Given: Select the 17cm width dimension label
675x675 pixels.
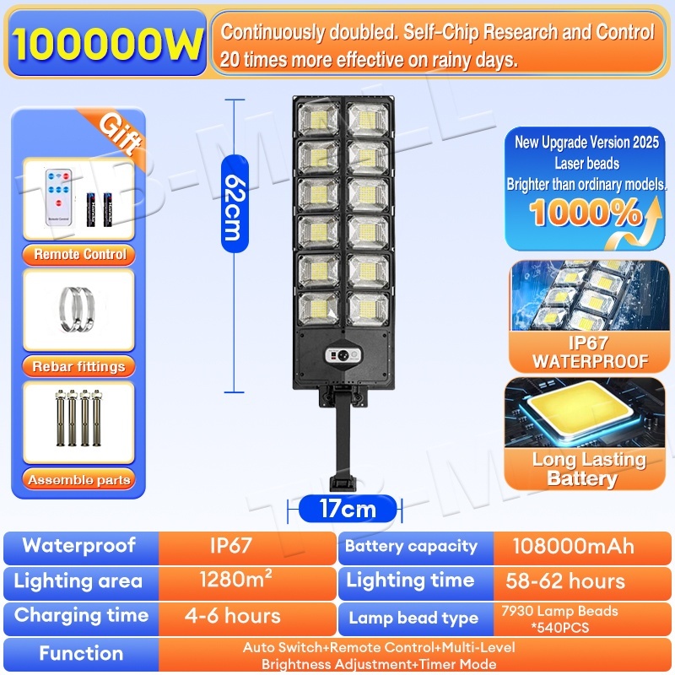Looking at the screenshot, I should [348, 509].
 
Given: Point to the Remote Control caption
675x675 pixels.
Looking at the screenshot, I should [80, 254].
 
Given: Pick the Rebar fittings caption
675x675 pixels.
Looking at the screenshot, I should [78, 366].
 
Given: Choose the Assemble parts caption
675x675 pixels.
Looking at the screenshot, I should [79, 480].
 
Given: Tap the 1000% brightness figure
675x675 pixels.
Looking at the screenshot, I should [586, 214].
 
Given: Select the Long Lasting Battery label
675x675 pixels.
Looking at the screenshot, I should [588, 469].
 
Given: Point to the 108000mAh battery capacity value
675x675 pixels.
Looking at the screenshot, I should [573, 545].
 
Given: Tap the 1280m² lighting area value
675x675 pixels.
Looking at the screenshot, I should [235, 580].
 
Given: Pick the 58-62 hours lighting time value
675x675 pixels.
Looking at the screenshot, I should [565, 580].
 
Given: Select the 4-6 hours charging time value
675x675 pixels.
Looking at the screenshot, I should [232, 615].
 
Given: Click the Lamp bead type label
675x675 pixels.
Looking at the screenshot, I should [413, 618].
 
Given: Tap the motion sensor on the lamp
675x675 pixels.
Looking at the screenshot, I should [343, 354].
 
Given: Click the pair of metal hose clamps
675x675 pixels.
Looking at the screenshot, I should [78, 301].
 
